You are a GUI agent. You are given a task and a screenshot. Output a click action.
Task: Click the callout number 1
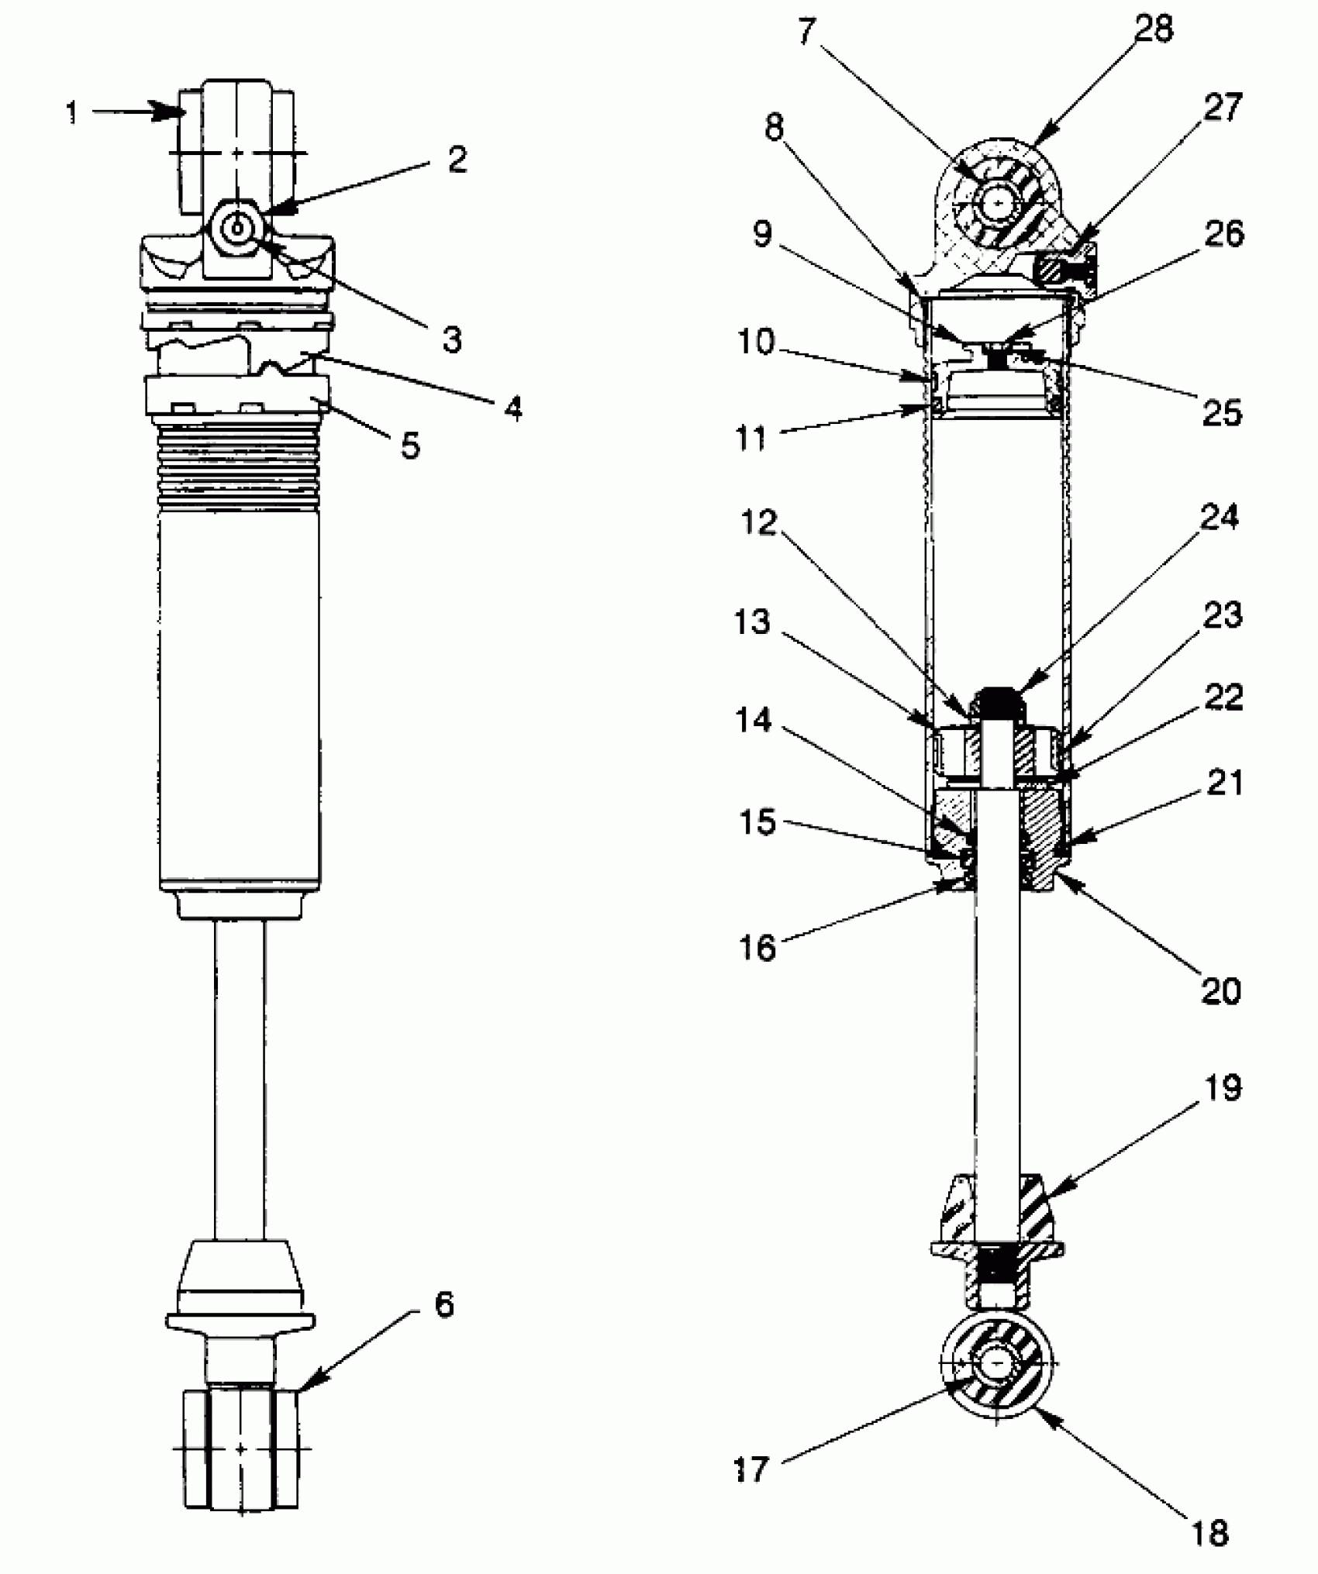click(x=72, y=114)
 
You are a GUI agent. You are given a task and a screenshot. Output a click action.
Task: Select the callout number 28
click(x=1154, y=29)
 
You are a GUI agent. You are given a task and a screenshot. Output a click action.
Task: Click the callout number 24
click(x=1220, y=518)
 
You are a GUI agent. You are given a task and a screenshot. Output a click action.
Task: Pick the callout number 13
click(x=751, y=622)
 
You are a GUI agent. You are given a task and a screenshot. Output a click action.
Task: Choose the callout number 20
click(x=1221, y=991)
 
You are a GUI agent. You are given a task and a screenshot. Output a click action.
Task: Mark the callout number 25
click(x=1222, y=412)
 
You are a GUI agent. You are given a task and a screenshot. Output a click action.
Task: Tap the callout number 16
click(x=757, y=947)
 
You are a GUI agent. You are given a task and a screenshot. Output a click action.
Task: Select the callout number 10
click(x=755, y=341)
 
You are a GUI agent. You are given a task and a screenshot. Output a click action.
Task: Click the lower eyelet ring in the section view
click(x=1032, y=1401)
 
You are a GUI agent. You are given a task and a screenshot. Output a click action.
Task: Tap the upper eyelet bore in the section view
click(x=1000, y=204)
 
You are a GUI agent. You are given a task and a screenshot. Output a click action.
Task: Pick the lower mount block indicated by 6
click(x=240, y=1447)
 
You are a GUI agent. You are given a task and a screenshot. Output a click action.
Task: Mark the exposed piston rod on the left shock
click(x=240, y=1085)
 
